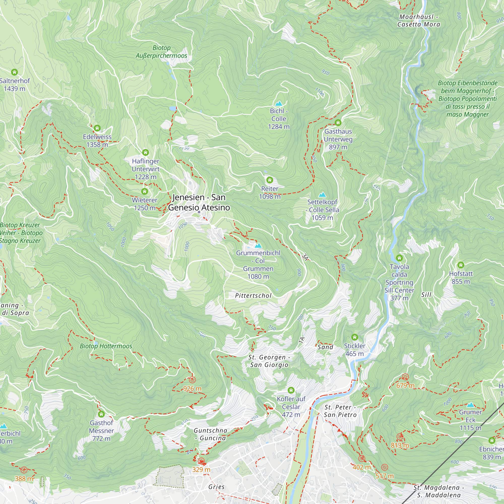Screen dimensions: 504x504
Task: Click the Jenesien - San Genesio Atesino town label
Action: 199,202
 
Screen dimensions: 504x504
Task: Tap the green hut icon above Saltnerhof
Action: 14,72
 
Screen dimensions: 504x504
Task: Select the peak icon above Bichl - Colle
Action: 279,104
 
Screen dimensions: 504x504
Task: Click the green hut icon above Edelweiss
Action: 97,128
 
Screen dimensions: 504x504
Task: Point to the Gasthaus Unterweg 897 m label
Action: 338,139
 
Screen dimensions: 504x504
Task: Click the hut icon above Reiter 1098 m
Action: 269,180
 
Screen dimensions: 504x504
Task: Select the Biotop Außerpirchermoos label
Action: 161,52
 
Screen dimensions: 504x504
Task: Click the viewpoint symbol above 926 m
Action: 192,380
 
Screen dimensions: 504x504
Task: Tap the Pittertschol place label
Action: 253,296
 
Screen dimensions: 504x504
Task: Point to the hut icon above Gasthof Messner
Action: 101,414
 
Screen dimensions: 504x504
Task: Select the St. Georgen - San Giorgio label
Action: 269,361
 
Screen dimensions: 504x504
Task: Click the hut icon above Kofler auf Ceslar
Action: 291,390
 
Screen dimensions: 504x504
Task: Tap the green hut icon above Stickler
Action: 355,337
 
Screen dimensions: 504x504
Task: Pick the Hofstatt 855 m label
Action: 461,277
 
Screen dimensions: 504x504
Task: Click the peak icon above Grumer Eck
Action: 470,405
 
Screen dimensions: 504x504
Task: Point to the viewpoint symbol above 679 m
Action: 405,377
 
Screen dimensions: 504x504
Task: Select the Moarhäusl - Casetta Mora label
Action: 418,21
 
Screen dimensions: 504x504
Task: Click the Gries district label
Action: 216,487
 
